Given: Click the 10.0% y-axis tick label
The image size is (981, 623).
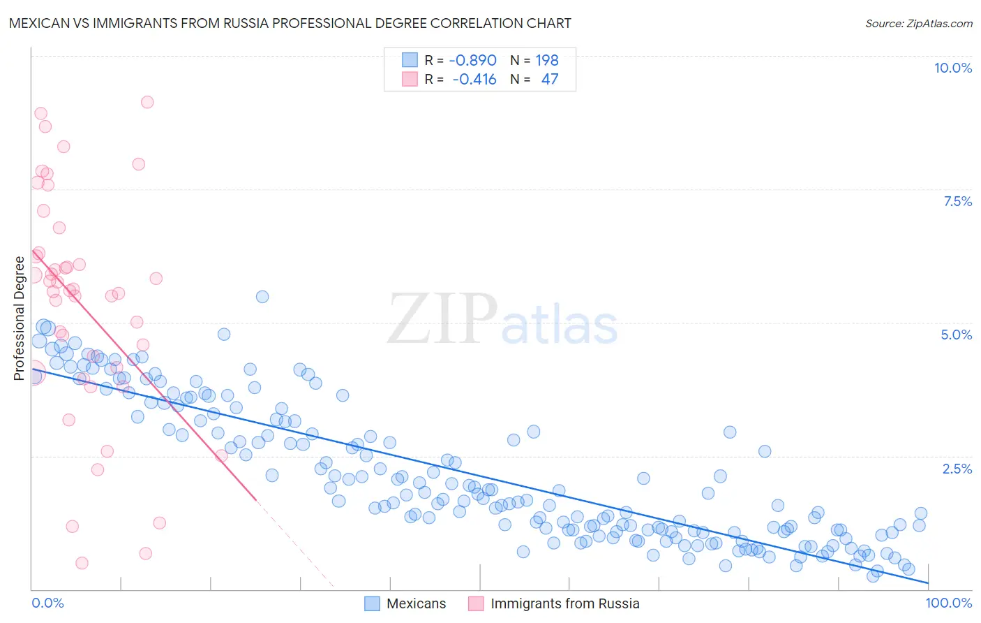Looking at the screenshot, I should tap(952, 68).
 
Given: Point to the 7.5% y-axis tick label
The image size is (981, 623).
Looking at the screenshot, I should tap(957, 201).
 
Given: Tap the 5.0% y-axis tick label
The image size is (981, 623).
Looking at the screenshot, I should tap(956, 335).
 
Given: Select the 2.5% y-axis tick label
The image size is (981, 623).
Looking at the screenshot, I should tap(957, 469).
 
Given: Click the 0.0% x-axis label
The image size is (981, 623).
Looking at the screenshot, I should tap(47, 603).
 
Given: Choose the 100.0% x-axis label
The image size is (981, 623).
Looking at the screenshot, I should tap(948, 603).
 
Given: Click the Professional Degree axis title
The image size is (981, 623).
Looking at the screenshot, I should tap(19, 318).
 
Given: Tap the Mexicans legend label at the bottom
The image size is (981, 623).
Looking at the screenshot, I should tap(416, 603).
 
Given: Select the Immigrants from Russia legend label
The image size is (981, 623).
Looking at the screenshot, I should tap(564, 603).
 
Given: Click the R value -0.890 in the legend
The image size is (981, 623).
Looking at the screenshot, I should tap(472, 60).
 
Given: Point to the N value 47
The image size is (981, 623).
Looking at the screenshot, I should tap(549, 79).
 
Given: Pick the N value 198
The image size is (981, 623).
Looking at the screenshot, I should tap(546, 60).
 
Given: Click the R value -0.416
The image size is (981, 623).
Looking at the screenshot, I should tap(474, 79).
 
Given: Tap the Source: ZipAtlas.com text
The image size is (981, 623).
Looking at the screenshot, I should tap(918, 23).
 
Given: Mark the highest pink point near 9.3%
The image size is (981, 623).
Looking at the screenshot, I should tap(147, 102).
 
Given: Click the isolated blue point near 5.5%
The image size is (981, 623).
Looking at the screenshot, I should tap(262, 297).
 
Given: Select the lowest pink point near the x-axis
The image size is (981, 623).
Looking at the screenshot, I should tap(82, 563).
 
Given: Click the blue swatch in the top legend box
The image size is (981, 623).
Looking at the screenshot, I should tap(410, 60).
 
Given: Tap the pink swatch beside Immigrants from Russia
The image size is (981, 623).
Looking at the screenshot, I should tap(476, 603).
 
